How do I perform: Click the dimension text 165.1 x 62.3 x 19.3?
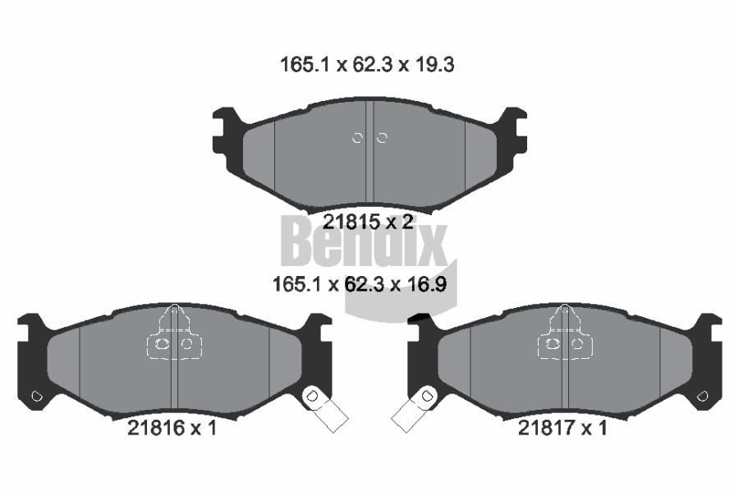coord(367,65)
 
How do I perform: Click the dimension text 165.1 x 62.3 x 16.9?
coord(360,284)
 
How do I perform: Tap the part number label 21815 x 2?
coord(368,221)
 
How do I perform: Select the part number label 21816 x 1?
coord(172,428)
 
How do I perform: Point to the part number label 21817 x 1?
coord(562,428)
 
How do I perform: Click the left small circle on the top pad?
coord(357,138)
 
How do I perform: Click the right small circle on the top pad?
coord(382,138)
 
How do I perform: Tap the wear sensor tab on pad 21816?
coord(326,408)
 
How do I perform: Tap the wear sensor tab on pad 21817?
coord(415,408)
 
